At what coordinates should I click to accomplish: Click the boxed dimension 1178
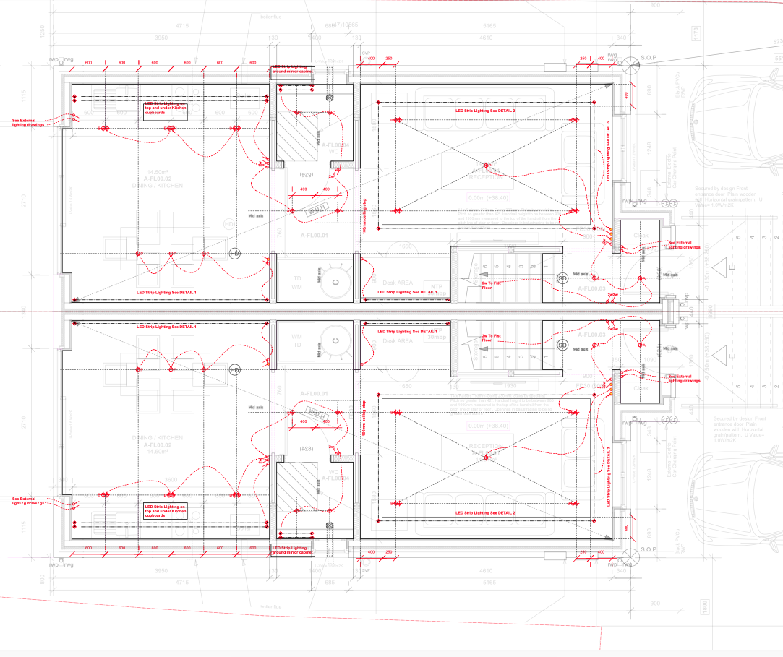pos(696,33)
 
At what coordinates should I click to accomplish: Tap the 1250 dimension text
pos(43,32)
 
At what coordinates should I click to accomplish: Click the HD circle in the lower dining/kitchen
pos(234,371)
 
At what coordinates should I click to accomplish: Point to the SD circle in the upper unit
pos(562,278)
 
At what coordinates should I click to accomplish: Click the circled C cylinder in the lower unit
pos(335,340)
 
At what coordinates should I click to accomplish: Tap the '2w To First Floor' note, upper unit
pos(492,284)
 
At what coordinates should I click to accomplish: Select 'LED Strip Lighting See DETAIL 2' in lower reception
pos(484,512)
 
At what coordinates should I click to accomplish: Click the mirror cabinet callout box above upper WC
pos(293,69)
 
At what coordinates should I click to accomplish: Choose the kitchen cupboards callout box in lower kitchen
pos(166,511)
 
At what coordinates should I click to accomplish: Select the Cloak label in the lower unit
pos(641,388)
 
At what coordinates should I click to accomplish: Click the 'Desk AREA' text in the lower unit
pos(397,341)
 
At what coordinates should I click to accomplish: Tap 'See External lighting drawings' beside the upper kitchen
pos(29,122)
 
